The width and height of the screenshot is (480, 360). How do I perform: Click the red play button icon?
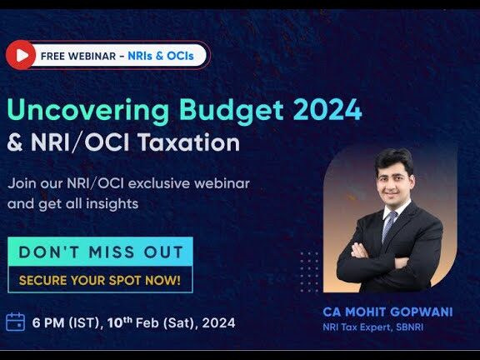coord(21,55)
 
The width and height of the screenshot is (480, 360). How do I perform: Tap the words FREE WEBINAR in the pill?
coord(78,57)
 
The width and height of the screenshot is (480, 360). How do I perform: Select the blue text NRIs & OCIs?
coord(161,56)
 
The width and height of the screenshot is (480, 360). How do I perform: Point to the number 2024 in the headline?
coord(327,110)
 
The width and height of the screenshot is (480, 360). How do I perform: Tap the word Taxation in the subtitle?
coord(188,142)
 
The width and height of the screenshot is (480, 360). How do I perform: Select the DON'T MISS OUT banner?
coord(100,252)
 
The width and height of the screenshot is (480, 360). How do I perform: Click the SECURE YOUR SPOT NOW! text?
coord(100,280)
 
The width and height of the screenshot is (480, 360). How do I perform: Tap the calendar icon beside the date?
coord(16,322)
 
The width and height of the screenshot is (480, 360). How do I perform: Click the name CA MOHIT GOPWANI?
coord(387,312)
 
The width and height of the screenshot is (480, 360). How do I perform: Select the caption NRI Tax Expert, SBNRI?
coord(373,327)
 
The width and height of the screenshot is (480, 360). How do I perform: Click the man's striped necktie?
coord(389,226)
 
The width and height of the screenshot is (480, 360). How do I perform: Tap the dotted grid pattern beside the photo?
coord(309,272)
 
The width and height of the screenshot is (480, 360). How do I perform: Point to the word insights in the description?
coord(112,204)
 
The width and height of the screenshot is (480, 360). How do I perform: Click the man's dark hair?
coord(394,161)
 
